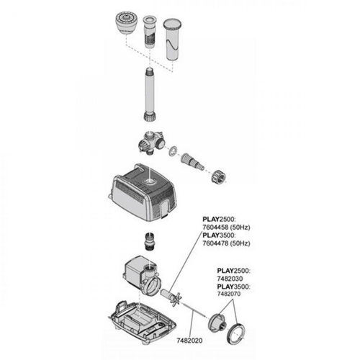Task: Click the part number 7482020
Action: tap(189, 341)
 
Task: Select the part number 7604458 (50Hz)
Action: tap(226, 227)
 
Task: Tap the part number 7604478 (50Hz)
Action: tap(226, 243)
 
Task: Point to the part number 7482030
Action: tap(230, 279)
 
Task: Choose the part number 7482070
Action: tap(229, 294)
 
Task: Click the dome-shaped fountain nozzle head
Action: tap(125, 24)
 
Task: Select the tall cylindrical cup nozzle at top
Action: tap(172, 40)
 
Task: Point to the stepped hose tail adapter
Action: tap(193, 161)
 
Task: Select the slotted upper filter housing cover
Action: tap(143, 192)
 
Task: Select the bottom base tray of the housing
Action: tap(143, 320)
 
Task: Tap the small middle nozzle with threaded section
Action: tap(150, 32)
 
